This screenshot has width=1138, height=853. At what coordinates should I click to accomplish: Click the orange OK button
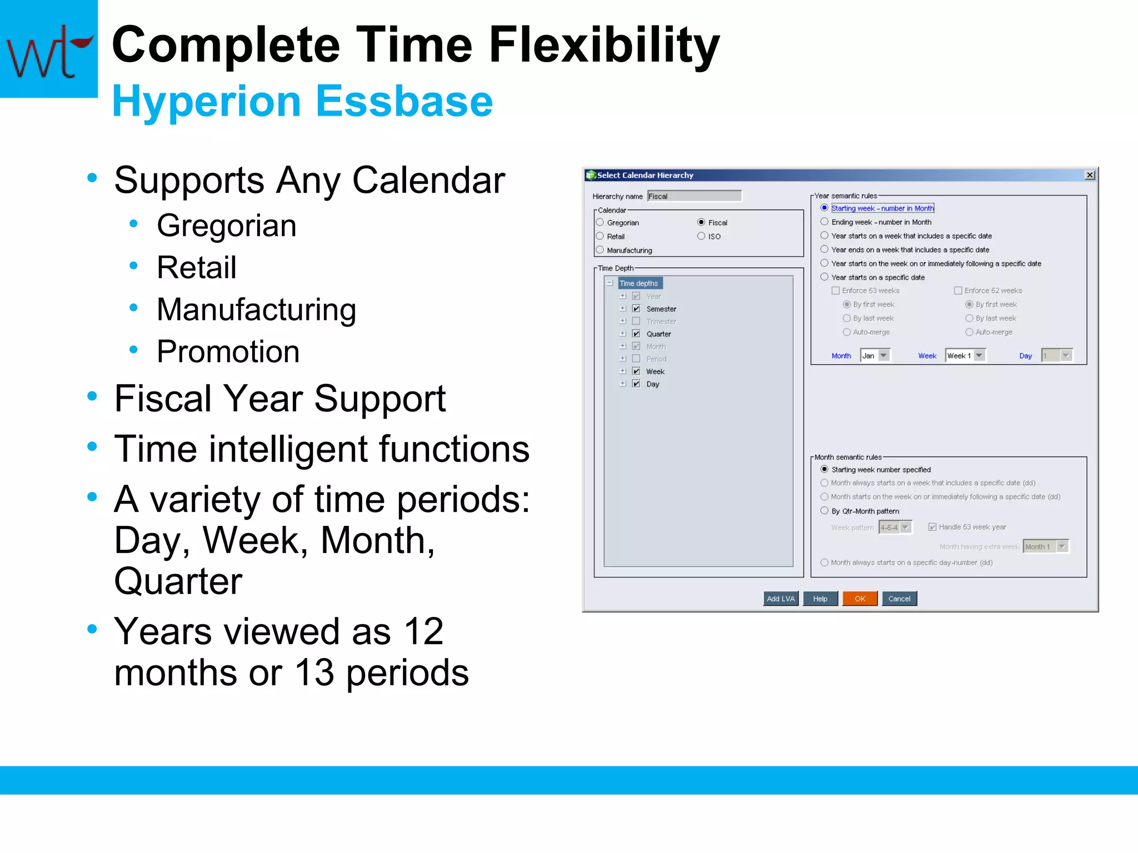(860, 598)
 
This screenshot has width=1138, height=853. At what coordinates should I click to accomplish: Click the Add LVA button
(780, 598)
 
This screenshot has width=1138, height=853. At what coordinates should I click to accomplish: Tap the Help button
(820, 598)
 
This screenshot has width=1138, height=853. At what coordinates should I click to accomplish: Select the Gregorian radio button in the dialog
(600, 222)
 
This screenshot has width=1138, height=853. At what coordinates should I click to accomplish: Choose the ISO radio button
(701, 236)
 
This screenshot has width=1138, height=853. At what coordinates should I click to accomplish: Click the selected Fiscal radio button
(701, 222)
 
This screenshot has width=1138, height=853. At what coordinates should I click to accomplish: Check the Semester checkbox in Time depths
(636, 309)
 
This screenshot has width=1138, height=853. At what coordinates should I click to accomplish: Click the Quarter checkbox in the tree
(636, 334)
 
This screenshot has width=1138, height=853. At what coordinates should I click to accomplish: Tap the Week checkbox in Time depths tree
(636, 371)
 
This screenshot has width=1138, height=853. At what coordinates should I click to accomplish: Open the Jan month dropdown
(884, 355)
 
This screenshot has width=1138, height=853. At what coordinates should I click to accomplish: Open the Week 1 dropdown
(979, 355)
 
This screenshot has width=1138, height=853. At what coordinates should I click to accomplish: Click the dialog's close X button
(1090, 175)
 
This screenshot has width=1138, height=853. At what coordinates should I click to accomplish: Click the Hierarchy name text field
(694, 196)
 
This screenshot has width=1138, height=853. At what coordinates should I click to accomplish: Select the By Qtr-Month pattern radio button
(825, 511)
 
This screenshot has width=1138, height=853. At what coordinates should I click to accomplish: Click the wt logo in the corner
(49, 49)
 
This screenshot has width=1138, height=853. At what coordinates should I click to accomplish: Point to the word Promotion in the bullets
(228, 352)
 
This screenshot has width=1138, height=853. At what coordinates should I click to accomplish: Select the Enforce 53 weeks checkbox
(836, 290)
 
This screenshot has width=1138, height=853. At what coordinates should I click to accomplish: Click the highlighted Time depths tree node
(639, 283)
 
